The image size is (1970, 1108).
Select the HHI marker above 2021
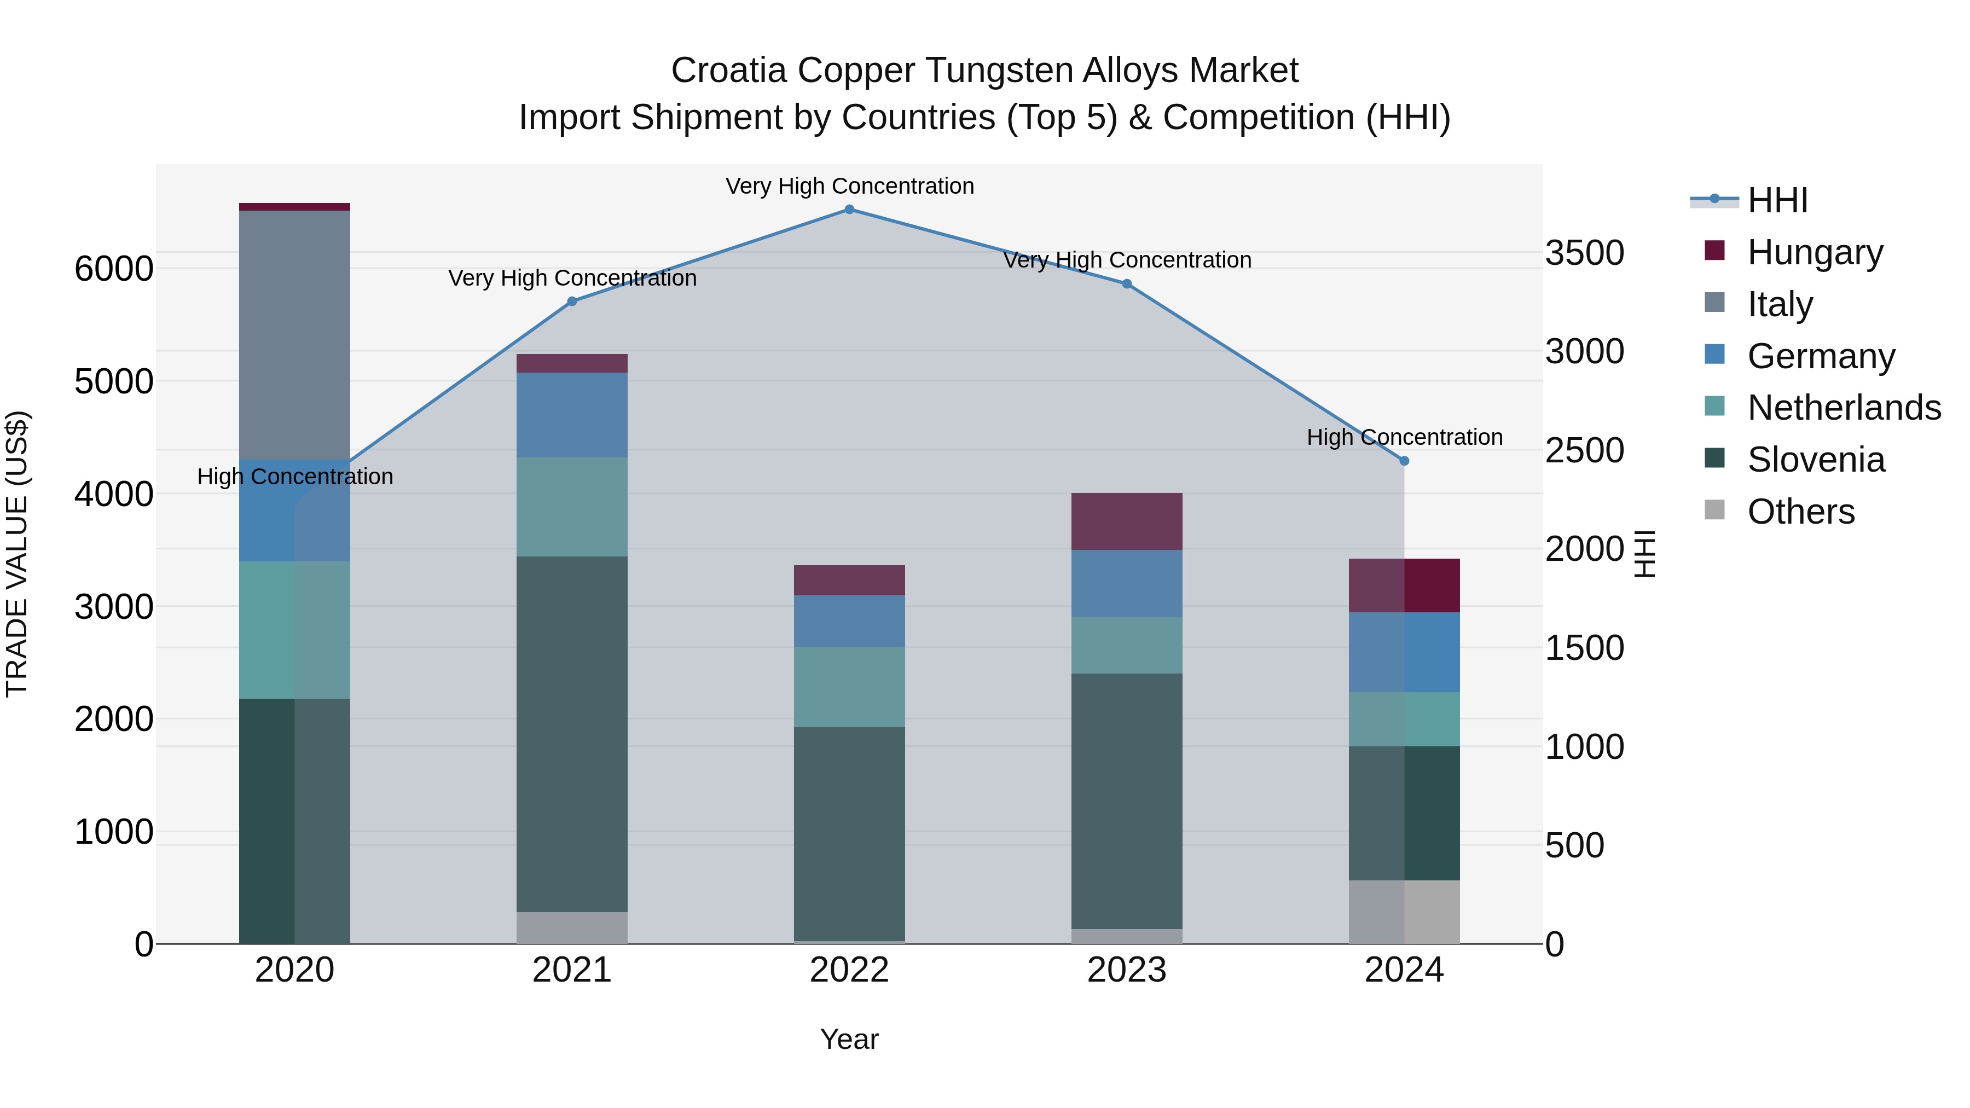[572, 301]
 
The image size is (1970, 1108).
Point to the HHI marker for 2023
[1127, 283]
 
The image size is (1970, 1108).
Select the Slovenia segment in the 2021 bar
[572, 734]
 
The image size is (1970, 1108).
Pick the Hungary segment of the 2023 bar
[1127, 521]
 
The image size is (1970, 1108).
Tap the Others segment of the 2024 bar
[1404, 912]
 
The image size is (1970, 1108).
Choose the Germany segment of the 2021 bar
[572, 415]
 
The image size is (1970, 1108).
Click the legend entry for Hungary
[1815, 252]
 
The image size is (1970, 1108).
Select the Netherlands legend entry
[1844, 408]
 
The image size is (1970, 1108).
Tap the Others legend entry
[1801, 512]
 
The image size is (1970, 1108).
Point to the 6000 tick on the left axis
[114, 269]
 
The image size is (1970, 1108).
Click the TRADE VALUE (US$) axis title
[17, 554]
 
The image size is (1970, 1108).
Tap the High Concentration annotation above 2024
[1404, 437]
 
